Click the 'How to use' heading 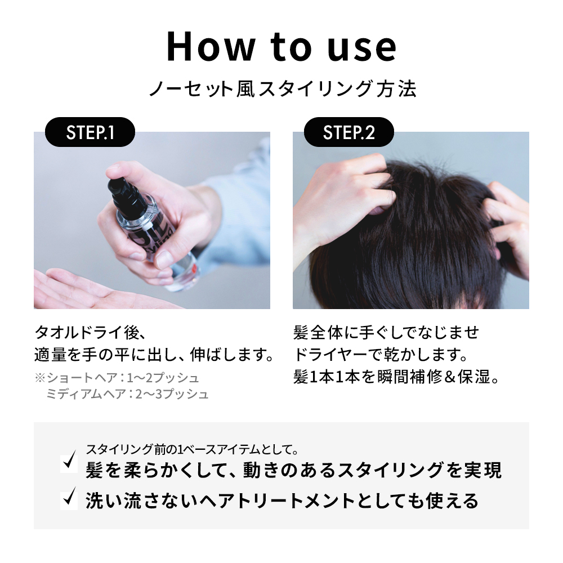(x=281, y=47)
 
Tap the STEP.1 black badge (x=90, y=132)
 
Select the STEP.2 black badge (x=349, y=132)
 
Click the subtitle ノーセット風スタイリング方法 (x=281, y=89)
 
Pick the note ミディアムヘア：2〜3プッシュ (x=127, y=394)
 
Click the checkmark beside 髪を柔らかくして (x=70, y=462)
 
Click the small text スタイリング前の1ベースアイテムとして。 (x=191, y=450)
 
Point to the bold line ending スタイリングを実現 (x=293, y=470)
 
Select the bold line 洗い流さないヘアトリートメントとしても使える (x=281, y=500)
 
